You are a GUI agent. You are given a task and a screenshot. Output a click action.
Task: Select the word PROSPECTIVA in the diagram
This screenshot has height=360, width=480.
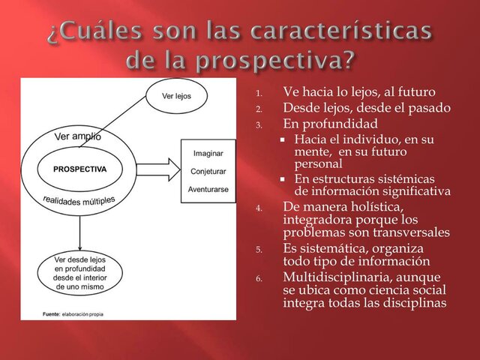[80, 169]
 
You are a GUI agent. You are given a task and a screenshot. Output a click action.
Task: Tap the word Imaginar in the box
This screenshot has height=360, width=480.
[208, 154]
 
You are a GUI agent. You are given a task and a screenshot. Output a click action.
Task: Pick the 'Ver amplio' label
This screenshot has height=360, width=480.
[78, 136]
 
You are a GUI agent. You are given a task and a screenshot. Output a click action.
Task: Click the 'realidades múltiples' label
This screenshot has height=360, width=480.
[79, 200]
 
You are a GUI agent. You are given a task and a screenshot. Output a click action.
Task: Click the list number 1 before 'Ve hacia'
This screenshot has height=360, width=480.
[259, 94]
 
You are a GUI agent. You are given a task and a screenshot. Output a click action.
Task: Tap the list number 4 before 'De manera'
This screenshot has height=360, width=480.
[259, 209]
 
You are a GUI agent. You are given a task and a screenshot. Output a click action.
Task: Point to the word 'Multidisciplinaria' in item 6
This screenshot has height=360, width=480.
[334, 277]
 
